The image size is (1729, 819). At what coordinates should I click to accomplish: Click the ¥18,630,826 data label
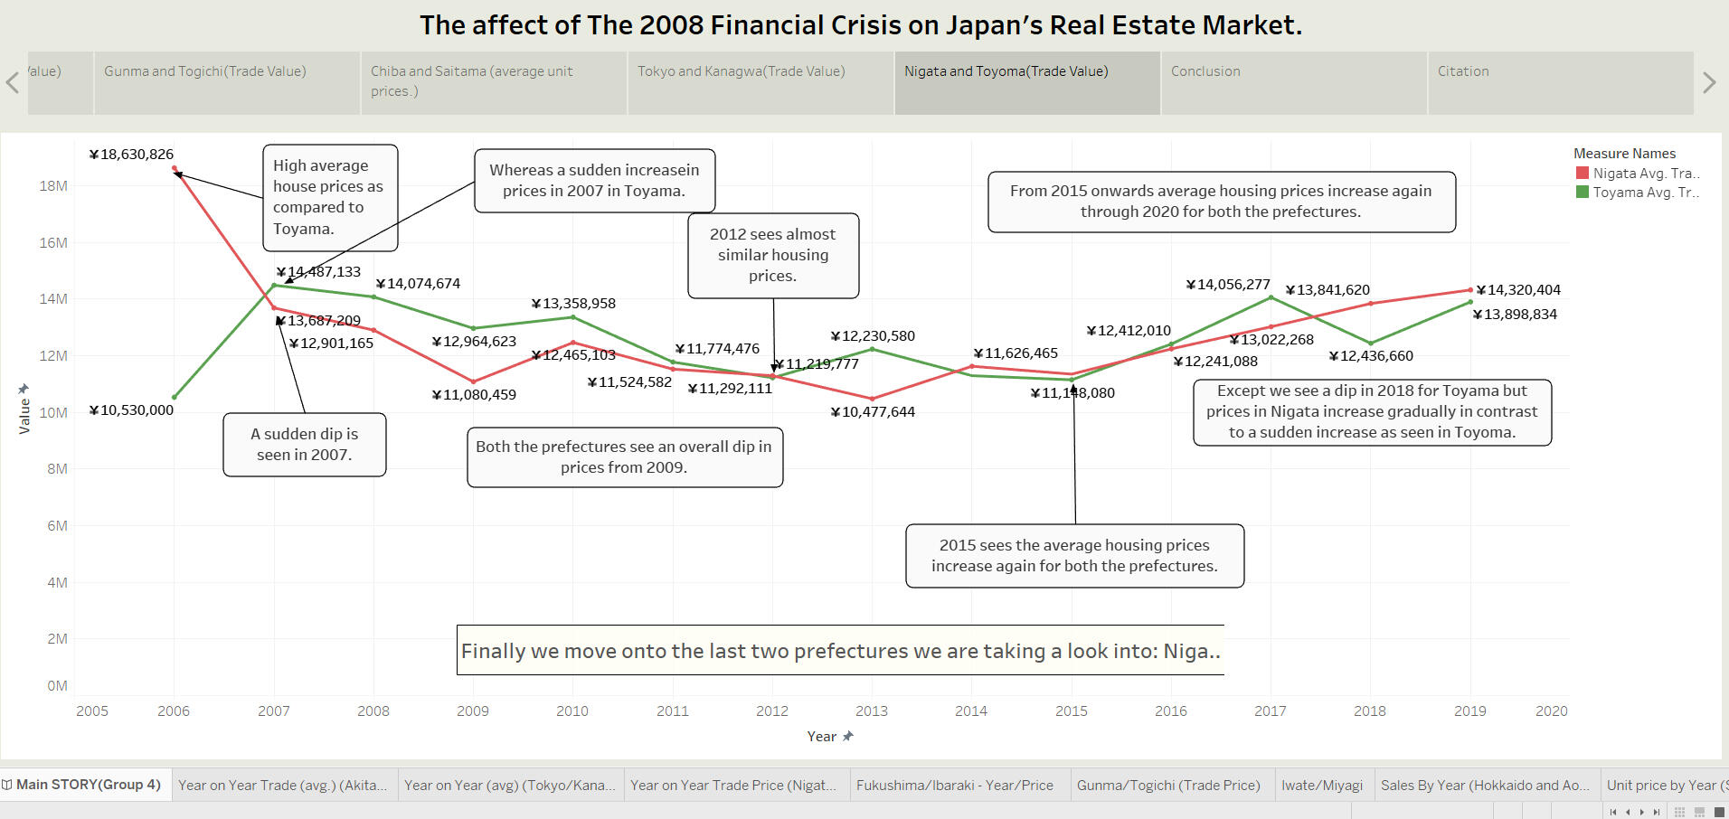click(131, 155)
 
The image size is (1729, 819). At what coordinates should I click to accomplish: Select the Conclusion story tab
click(1205, 71)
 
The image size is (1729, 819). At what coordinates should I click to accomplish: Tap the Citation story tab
click(1462, 71)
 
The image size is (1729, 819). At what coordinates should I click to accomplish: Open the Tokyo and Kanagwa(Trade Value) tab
click(741, 71)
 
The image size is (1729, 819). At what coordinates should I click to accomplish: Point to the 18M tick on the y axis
click(53, 186)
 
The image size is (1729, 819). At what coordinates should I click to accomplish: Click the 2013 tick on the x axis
click(871, 711)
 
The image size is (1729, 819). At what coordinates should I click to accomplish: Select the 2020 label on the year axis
click(1551, 711)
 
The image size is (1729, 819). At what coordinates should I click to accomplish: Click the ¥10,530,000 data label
click(131, 410)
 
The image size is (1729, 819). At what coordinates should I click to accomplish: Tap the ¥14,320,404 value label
click(1518, 290)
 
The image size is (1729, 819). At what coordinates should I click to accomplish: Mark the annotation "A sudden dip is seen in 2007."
click(305, 445)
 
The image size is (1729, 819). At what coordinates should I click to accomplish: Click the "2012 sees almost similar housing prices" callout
click(773, 255)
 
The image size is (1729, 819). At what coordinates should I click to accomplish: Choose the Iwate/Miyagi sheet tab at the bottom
click(1321, 786)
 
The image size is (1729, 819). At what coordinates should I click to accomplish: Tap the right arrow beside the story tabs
click(1709, 83)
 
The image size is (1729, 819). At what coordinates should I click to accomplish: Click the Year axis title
click(822, 737)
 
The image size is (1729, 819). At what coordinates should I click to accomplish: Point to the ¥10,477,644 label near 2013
click(873, 412)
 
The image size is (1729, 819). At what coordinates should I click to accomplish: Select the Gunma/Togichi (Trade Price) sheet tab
click(1167, 786)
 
